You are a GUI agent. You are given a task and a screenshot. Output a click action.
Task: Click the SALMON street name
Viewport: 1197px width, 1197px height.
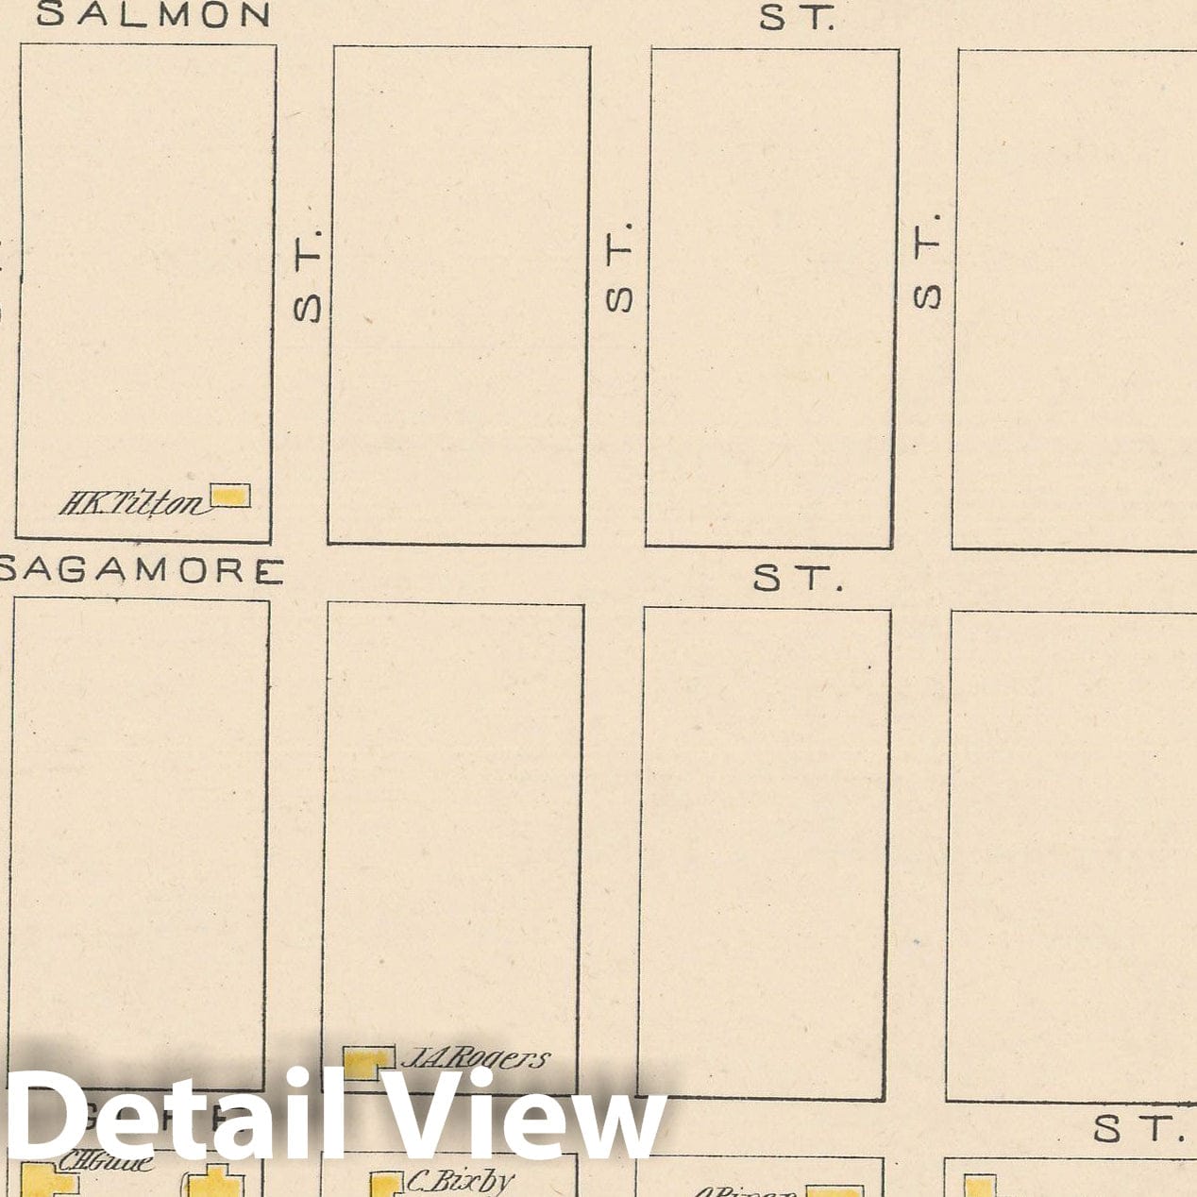[153, 15]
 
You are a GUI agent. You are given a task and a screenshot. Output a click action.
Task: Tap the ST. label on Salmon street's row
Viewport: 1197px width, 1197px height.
[798, 18]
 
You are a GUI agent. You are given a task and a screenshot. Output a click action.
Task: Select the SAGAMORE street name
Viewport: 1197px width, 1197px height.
[142, 571]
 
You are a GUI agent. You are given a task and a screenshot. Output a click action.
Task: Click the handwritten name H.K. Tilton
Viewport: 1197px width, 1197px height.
[130, 505]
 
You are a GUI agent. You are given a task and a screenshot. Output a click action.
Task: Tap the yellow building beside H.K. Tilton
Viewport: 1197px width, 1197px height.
[229, 496]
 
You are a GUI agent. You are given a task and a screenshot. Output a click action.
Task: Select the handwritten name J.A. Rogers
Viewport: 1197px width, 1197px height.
[474, 1058]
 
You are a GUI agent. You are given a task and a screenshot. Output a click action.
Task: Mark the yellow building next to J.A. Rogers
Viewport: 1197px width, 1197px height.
[366, 1063]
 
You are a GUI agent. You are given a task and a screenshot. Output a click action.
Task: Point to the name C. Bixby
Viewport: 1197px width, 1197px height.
[461, 1180]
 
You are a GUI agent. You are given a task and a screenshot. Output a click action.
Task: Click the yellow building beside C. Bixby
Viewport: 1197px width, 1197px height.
[381, 1185]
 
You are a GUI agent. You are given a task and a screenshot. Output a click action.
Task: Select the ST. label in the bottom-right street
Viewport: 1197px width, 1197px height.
[1138, 1128]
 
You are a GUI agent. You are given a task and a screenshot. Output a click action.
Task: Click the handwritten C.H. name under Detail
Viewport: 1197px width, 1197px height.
[104, 1162]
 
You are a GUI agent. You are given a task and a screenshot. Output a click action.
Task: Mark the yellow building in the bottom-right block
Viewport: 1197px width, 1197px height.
[979, 1186]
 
